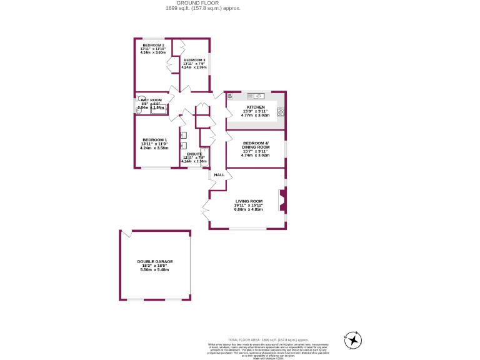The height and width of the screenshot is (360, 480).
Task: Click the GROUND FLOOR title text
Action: tap(202, 3)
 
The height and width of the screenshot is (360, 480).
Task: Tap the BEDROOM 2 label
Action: tap(153, 46)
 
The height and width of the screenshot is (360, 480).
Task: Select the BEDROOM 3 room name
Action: tap(194, 59)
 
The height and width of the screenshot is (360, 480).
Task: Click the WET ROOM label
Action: tap(151, 100)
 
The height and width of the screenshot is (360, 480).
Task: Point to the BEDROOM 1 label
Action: tap(154, 140)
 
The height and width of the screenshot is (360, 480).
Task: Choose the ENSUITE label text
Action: tap(194, 153)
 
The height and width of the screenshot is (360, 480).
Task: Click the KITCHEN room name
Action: tap(255, 107)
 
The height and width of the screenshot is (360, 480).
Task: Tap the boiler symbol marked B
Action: tap(230, 96)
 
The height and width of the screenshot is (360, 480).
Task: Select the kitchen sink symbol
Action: tap(256, 96)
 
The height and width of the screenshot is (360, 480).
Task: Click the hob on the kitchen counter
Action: tap(281, 112)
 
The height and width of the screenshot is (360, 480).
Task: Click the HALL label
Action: tap(219, 175)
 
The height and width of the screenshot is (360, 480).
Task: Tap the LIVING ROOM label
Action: tap(248, 201)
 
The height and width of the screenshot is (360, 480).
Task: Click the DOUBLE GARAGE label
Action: tap(155, 261)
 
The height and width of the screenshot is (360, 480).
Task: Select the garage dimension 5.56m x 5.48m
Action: tap(155, 269)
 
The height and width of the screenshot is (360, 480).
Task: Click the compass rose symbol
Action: tap(353, 340)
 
